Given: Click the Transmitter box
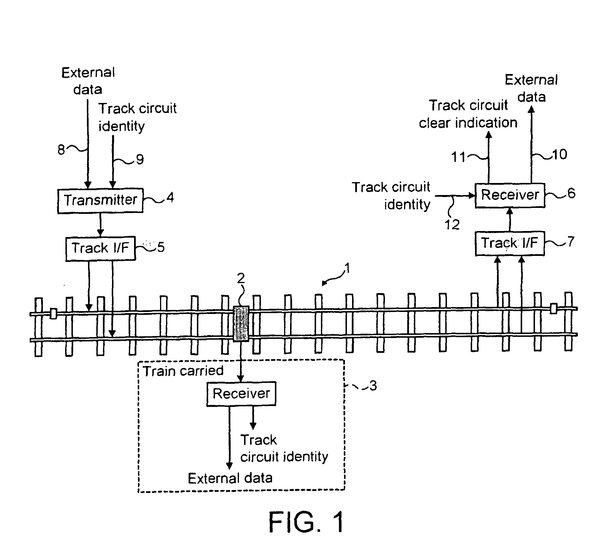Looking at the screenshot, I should tap(100, 201).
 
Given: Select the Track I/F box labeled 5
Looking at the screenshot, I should tap(100, 248).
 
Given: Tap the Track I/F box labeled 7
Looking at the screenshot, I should tap(510, 243).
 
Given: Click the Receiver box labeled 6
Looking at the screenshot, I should tap(510, 195).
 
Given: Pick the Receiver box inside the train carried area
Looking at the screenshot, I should tap(241, 393).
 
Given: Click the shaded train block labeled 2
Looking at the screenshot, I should tap(241, 324).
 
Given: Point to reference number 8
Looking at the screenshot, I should tap(61, 150).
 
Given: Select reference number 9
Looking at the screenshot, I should tap(140, 160).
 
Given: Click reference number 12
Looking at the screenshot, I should tap(452, 225).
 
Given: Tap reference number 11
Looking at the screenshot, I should tap(458, 157).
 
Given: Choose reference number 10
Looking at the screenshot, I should tap(560, 155).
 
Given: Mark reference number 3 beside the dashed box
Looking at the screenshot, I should tap(373, 386).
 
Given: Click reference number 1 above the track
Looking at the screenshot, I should tap(347, 268).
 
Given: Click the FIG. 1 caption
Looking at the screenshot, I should tap(306, 522).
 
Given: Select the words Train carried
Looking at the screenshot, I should tap(183, 371).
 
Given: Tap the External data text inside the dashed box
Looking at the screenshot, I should tap(230, 478).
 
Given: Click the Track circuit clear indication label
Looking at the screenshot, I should tap(468, 114).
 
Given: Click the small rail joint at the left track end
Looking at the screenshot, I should tap(53, 314).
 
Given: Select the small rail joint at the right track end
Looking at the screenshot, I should tap(553, 308).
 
